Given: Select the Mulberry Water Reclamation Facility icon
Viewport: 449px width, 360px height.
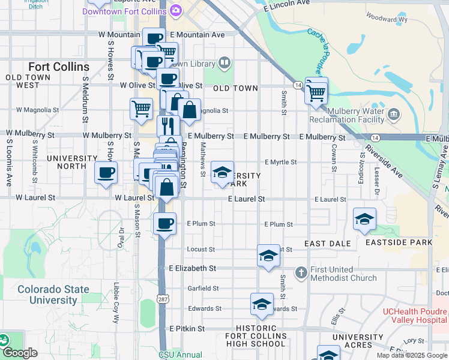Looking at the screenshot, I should (x=394, y=114).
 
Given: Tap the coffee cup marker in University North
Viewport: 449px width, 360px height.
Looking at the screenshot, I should (x=106, y=174).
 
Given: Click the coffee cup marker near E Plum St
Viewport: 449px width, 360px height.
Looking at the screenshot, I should (x=164, y=224).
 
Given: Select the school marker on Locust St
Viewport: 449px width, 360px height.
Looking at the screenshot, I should (x=268, y=256).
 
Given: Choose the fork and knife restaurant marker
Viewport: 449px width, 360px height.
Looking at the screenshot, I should (x=168, y=126).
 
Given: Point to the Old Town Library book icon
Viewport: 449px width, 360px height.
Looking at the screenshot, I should (x=224, y=62).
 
